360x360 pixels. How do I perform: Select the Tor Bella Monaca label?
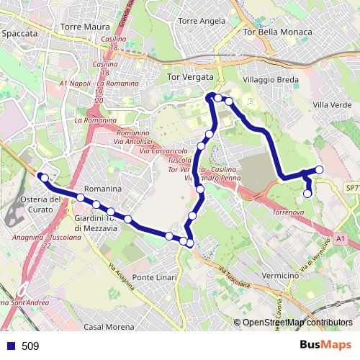click(x=278, y=32)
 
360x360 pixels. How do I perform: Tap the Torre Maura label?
click(x=84, y=27)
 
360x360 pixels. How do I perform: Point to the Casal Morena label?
click(x=109, y=326)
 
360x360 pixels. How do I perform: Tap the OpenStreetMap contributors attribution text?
click(x=297, y=323)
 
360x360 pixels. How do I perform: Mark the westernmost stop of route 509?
click(x=44, y=177)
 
